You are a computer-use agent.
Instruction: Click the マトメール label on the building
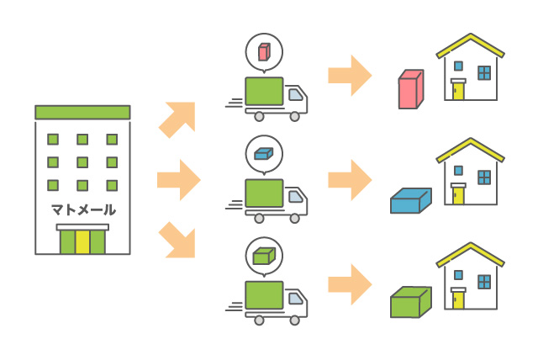pos(82,209)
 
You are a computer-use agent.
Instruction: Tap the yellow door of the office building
pos(82,241)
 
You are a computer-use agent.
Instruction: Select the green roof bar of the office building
pos(82,112)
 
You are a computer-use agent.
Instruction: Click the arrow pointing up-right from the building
pos(178,119)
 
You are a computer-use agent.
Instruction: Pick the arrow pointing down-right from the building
pos(178,239)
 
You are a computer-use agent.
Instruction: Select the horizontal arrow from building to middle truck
pos(178,179)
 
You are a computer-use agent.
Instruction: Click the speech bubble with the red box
pos(263,53)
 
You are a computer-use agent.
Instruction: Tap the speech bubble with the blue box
pos(263,154)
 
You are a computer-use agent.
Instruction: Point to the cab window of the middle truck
pos(295,197)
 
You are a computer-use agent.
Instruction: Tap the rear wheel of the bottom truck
pos(259,320)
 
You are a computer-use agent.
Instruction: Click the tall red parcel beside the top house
pos(409,90)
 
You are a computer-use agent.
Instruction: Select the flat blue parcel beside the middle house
pos(409,201)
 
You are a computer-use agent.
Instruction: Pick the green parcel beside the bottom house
pos(409,302)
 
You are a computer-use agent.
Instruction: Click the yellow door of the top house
pos(458,91)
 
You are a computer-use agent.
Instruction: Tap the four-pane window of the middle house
pos(484,176)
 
